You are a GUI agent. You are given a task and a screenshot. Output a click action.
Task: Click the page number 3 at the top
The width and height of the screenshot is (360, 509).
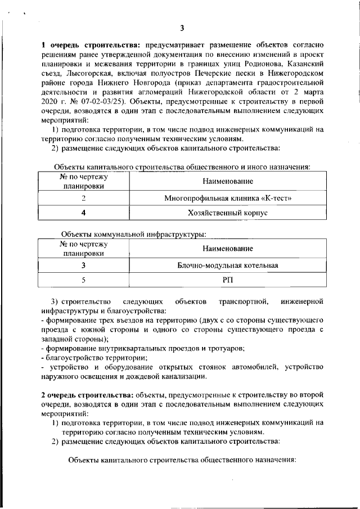click(x=182, y=29)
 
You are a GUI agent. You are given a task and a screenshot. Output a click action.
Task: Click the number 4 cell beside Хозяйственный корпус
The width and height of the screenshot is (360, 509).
click(x=83, y=213)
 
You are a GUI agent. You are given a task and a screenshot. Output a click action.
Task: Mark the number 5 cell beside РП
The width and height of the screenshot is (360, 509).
click(x=83, y=280)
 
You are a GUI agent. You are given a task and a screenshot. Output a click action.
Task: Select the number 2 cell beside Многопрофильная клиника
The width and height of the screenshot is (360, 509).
click(x=83, y=199)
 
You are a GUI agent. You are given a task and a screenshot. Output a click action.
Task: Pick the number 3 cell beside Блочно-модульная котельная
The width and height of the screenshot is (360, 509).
click(x=83, y=265)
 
